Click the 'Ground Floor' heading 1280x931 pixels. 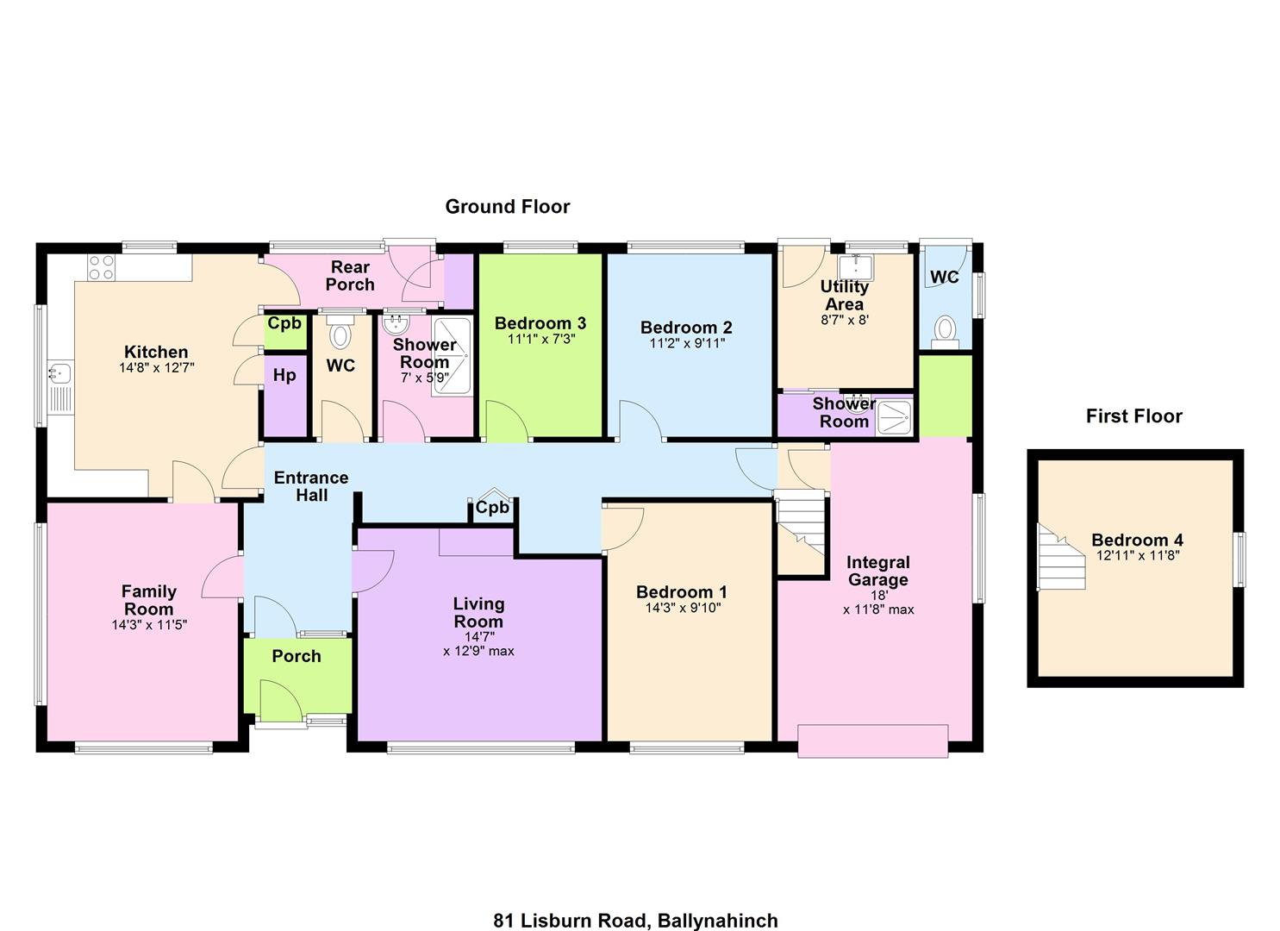[x=508, y=206]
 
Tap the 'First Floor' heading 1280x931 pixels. [x=1133, y=416]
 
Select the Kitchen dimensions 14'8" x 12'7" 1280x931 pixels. [x=157, y=367]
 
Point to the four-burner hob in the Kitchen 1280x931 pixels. [x=101, y=267]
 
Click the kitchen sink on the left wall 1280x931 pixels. [x=60, y=372]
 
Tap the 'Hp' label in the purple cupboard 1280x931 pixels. [x=284, y=376]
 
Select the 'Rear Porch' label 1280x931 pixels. [x=350, y=276]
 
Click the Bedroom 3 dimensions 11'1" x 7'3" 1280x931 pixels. [x=541, y=339]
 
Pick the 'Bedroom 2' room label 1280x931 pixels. [x=686, y=328]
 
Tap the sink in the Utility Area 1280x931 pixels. [x=855, y=267]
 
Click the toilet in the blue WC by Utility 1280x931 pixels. [x=946, y=332]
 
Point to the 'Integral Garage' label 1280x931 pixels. [x=878, y=571]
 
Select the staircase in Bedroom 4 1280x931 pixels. [x=1061, y=557]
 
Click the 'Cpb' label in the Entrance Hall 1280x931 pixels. [x=492, y=507]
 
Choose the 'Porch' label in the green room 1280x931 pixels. [x=297, y=656]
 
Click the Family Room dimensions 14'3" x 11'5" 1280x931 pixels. [x=150, y=625]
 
